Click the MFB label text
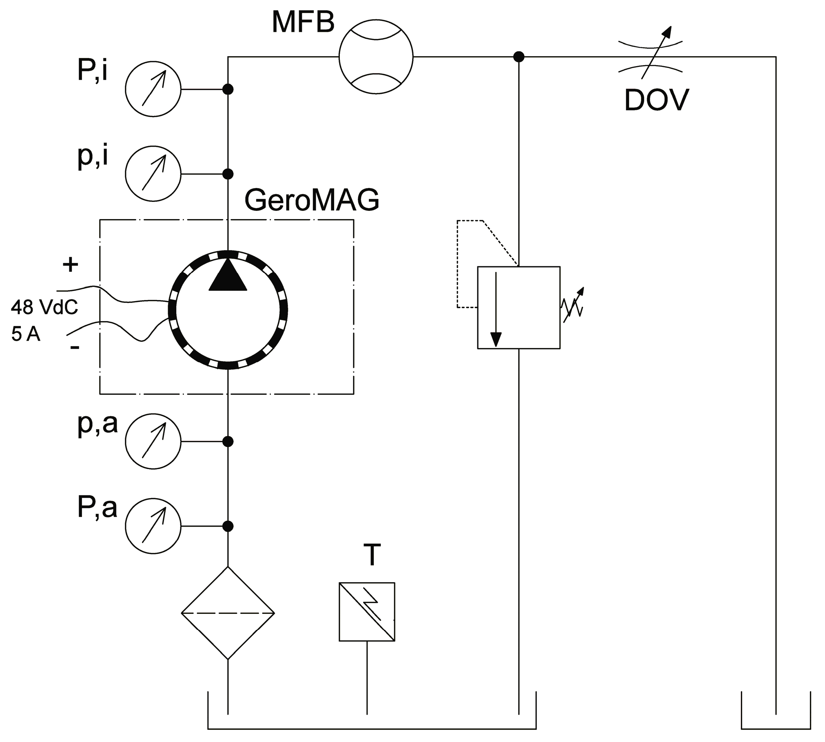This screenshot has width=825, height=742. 303,22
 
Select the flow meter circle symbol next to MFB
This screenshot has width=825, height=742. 376,57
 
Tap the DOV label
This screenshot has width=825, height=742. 656,100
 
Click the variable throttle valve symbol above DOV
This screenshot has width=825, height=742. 650,57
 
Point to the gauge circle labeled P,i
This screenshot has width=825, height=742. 153,89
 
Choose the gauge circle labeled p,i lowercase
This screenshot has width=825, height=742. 153,174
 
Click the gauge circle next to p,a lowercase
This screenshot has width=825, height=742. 153,441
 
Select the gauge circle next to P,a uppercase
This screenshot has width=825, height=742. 153,526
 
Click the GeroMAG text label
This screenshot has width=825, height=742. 312,200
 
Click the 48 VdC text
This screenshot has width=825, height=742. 44,307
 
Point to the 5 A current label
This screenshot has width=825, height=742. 26,334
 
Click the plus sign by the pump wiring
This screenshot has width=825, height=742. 70,265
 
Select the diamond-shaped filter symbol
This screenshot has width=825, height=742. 228,613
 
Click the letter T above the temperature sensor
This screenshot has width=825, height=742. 372,555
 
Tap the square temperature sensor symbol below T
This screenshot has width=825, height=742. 367,611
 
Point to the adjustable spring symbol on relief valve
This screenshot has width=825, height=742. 573,306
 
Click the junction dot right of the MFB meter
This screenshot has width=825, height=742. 519,57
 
